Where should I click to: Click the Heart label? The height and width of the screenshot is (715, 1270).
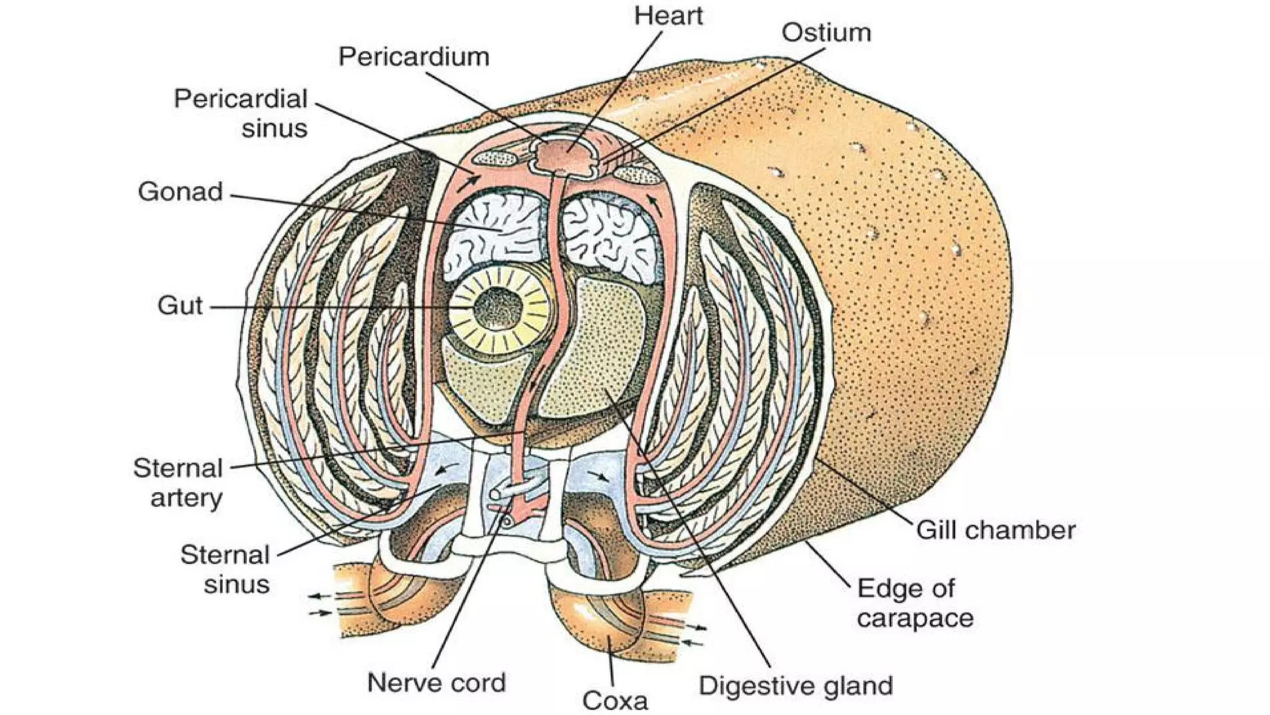point(668,16)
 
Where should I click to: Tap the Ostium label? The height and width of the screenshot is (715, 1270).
point(826,33)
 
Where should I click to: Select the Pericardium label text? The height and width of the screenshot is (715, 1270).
point(414,57)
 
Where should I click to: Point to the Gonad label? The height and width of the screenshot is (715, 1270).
point(180,192)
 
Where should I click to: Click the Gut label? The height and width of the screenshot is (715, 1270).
point(180,305)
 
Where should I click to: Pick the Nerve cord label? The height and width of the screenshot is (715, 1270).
point(436,683)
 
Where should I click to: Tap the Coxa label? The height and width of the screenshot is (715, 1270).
point(615,701)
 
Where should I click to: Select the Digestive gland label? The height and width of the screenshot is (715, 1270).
point(796,686)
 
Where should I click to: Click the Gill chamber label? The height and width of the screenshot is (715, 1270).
point(995,530)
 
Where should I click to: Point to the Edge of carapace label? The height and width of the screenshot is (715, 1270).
point(915,603)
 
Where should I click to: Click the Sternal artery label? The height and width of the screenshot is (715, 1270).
point(178,483)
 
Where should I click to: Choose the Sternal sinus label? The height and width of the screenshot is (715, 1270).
point(225,570)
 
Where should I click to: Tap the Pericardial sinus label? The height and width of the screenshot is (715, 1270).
point(241,114)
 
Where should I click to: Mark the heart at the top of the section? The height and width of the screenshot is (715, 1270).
point(563,155)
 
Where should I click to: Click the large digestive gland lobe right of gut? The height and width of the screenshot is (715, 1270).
point(602,348)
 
